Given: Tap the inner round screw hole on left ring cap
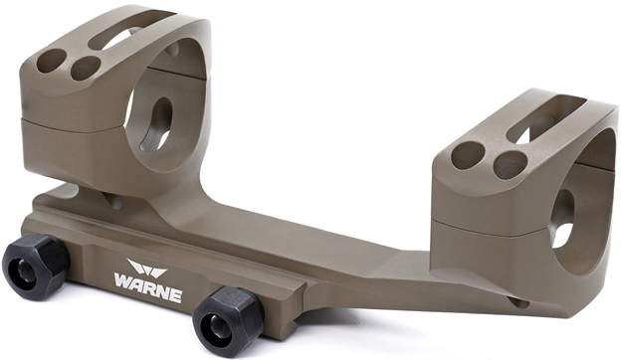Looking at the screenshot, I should (87, 68).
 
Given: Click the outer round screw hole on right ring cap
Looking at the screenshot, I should (464, 154).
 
